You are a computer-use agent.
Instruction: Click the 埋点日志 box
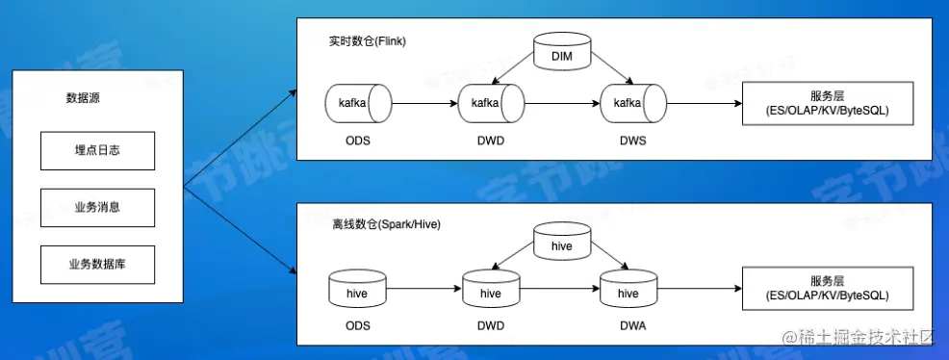tap(97, 150)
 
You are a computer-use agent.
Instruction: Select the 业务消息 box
tap(97, 206)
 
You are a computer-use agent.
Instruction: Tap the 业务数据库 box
tap(97, 264)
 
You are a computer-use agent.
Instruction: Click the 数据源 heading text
tap(84, 98)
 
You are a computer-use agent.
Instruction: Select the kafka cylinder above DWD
tap(491, 104)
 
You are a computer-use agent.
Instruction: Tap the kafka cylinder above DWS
tap(630, 104)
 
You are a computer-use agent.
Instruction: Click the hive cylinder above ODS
tap(358, 291)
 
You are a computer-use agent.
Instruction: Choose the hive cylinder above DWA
tap(628, 291)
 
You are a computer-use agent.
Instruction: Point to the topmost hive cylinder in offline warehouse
tap(561, 244)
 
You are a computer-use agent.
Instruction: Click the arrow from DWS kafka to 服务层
tap(703, 103)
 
